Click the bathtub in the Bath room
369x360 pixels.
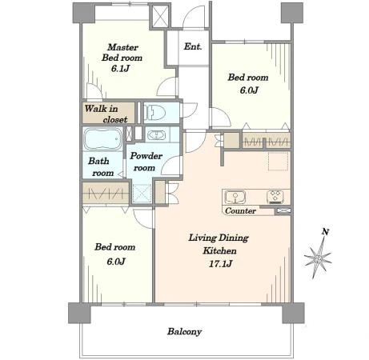(102, 139)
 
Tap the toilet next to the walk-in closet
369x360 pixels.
(154, 112)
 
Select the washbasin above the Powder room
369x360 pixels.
(157, 135)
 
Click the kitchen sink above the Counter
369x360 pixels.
(235, 197)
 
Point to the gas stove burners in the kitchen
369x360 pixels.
(275, 197)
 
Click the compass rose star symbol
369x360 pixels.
(318, 258)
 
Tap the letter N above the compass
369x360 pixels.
(325, 232)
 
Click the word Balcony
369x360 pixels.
(184, 331)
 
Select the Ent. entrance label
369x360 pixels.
(193, 46)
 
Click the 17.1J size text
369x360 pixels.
(220, 264)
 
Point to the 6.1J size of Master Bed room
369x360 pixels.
(120, 69)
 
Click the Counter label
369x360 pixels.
(240, 210)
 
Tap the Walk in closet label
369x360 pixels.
(106, 114)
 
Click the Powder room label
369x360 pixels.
(146, 162)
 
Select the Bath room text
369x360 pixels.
(101, 167)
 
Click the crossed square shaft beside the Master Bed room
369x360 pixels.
(161, 17)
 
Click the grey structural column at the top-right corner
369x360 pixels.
(292, 13)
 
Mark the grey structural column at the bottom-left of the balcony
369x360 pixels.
(79, 313)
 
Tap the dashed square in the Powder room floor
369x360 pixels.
(142, 193)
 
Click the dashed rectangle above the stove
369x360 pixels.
(279, 161)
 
